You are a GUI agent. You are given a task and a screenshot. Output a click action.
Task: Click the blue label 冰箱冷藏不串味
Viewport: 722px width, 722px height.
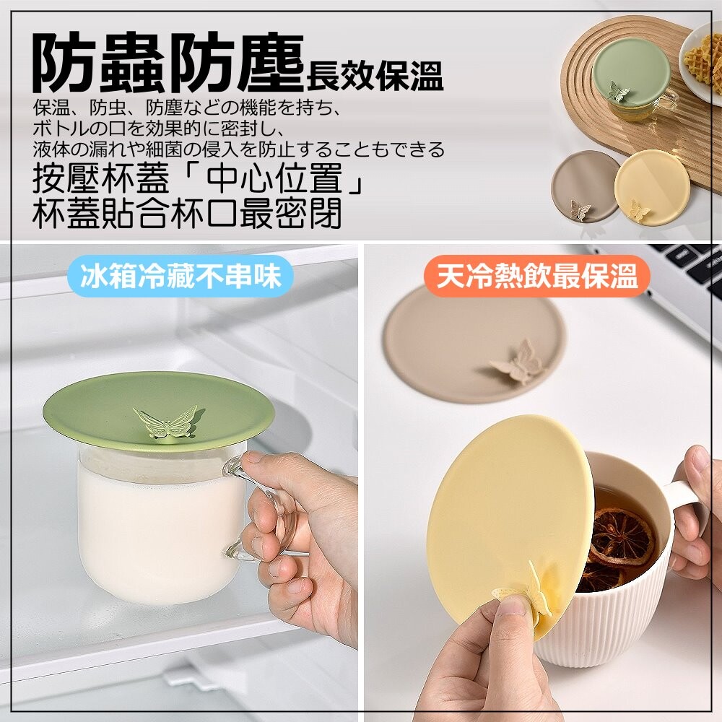180,276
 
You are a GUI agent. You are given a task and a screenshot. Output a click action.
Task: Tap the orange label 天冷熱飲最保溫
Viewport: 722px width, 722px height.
537,276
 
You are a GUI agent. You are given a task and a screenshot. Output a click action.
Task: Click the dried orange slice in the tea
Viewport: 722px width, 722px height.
622,536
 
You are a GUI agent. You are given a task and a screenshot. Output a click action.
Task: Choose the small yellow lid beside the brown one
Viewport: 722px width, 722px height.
652,188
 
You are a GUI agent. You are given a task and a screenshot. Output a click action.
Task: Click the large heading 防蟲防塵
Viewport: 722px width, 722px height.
168,64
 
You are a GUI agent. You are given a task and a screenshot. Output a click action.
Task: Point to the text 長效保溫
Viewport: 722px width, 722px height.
374,76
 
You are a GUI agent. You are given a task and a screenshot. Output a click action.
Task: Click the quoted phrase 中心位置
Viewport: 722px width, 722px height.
274,178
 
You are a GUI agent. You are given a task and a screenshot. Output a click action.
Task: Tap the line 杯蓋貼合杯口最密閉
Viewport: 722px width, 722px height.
187,213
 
